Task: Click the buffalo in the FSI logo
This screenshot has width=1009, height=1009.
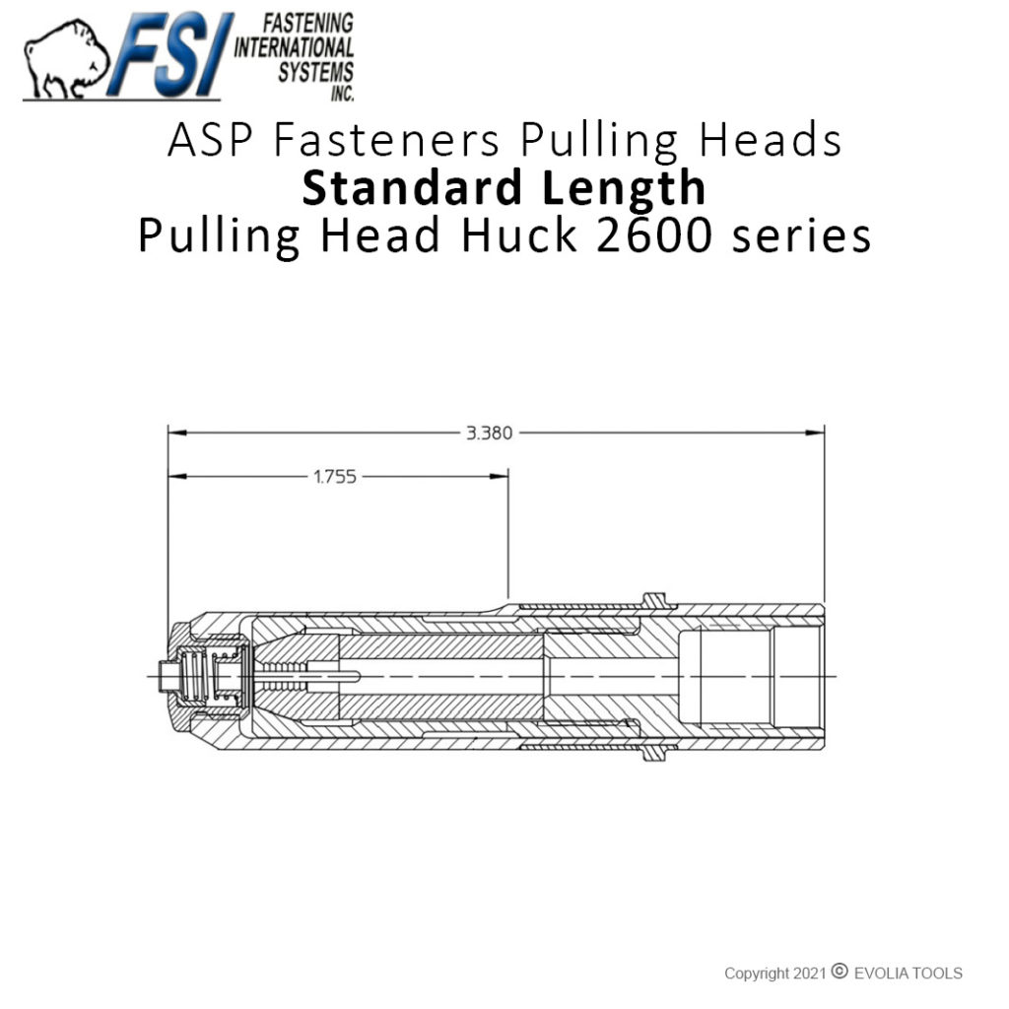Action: tap(65, 61)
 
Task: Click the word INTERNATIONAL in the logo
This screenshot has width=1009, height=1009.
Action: tap(294, 45)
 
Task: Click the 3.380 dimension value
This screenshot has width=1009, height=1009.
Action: tap(489, 433)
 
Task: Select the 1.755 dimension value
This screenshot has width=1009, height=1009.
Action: tap(335, 477)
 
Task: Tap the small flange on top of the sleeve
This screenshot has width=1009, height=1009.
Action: tap(653, 598)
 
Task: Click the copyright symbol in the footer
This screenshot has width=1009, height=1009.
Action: tap(839, 973)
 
